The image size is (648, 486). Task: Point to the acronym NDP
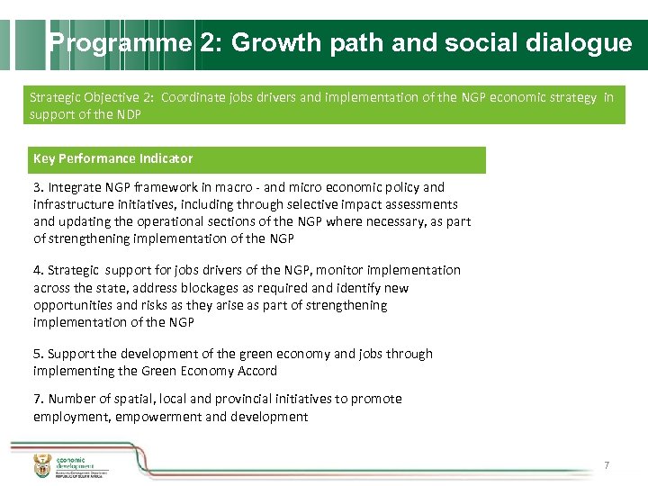tap(127, 115)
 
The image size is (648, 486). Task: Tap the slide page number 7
tap(607, 465)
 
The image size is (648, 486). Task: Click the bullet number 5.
tap(38, 354)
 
